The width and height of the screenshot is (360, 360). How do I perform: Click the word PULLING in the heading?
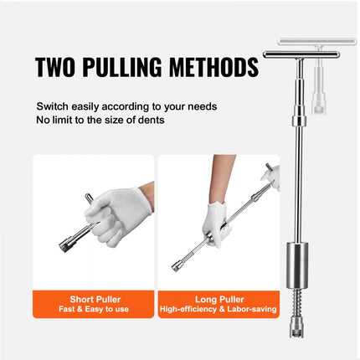(133, 66)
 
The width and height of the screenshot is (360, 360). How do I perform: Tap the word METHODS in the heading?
(216, 66)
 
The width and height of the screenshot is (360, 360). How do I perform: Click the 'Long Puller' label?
(219, 297)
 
